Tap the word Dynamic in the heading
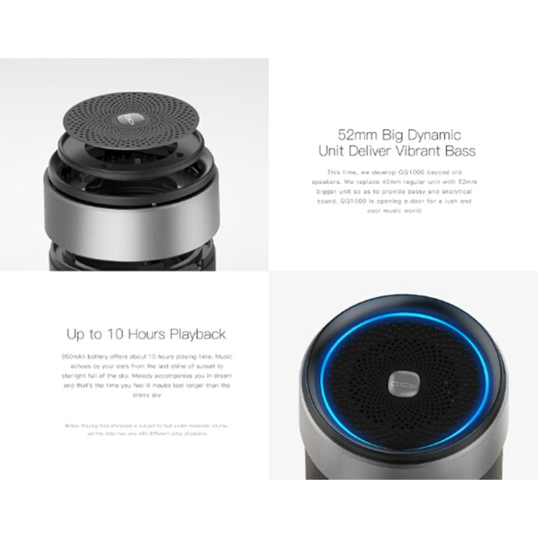(434, 134)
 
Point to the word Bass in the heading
(459, 151)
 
